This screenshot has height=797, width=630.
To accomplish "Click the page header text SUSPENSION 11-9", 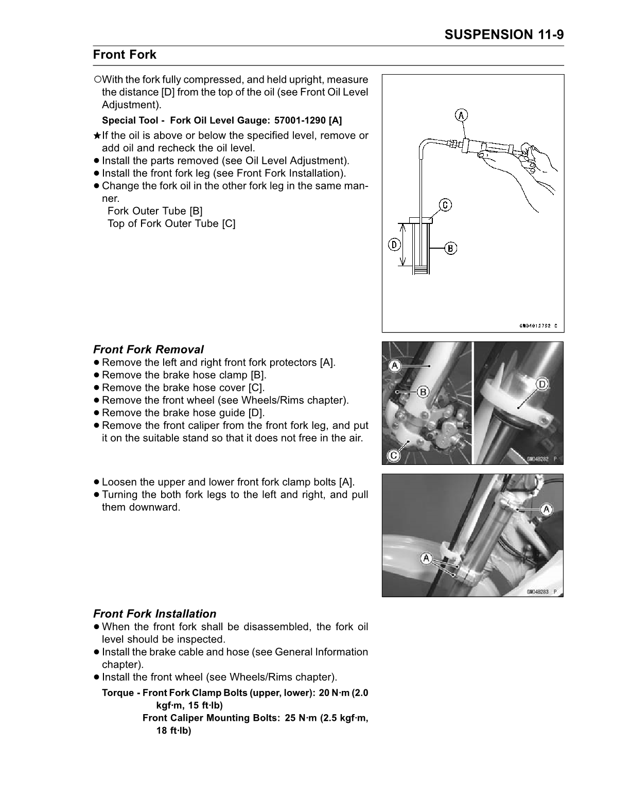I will point(504,34).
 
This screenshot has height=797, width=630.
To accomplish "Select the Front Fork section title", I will point(125,55).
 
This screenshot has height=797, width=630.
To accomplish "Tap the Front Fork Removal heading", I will point(148,350).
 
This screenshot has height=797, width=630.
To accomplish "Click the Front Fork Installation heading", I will point(154,614).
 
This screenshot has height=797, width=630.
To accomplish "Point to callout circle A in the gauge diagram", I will point(462,115).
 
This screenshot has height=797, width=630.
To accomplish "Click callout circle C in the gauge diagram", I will point(445,205).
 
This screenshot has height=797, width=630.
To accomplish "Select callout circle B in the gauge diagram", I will point(450,248).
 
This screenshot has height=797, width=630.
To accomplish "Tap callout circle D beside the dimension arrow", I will point(394,245).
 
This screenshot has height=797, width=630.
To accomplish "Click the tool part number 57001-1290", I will point(300,120).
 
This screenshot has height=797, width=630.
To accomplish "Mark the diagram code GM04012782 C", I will point(537,325).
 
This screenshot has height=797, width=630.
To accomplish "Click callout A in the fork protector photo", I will point(395,366).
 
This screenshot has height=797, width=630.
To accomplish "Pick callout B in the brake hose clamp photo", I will point(423,392).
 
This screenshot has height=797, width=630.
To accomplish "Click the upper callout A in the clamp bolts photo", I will point(546,509).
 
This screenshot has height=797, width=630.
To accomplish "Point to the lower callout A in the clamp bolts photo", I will point(426,558).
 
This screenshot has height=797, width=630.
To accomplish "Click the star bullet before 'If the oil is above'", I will point(97,136).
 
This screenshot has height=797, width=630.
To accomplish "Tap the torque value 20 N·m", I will point(335,693).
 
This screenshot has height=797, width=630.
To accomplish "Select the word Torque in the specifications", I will point(118,693).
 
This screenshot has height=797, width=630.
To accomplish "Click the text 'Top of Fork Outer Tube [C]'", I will point(171,223).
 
